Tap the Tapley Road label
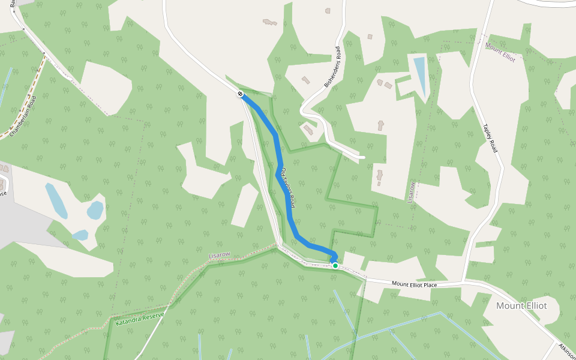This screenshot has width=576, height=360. [x=490, y=138]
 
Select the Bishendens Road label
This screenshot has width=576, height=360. [x=332, y=67]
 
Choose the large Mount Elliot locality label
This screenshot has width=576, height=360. [x=521, y=305]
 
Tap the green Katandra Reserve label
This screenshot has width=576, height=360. [x=139, y=319]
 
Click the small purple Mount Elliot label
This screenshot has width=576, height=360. [x=500, y=53]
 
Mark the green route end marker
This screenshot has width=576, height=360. [x=335, y=265]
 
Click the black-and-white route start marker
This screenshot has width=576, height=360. [x=240, y=94]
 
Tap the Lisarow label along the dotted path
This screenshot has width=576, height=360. [x=219, y=256]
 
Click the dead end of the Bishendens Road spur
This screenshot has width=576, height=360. [x=364, y=157]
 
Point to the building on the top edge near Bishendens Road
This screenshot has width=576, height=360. [x=327, y=10]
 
